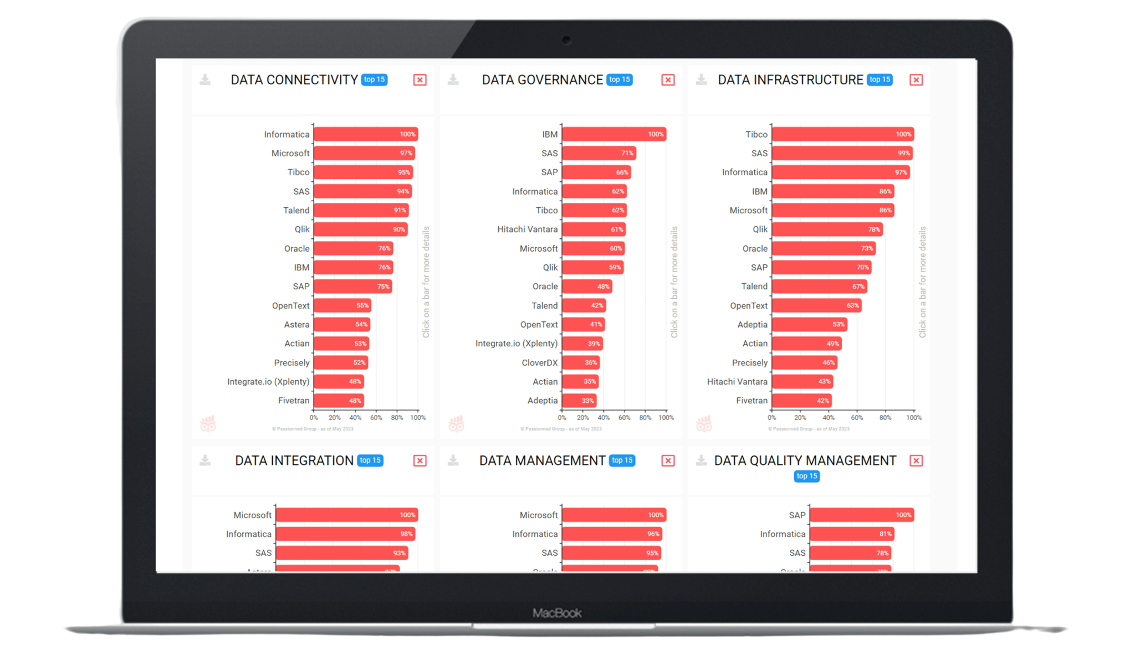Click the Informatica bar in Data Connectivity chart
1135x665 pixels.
pyautogui.click(x=366, y=134)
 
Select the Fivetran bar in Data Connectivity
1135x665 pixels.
pyautogui.click(x=339, y=401)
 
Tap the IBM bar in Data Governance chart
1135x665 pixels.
pyautogui.click(x=614, y=134)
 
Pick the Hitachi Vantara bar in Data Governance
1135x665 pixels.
pyautogui.click(x=594, y=229)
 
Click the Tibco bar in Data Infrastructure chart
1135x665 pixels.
pyautogui.click(x=842, y=134)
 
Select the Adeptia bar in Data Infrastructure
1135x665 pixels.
pyautogui.click(x=809, y=325)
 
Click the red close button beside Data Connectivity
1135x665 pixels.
pyautogui.click(x=420, y=80)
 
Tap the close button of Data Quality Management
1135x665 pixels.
pyautogui.click(x=916, y=461)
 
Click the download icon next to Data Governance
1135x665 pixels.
pyautogui.click(x=453, y=80)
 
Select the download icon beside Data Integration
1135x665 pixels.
pyautogui.click(x=205, y=461)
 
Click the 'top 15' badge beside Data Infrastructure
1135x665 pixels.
pyautogui.click(x=880, y=80)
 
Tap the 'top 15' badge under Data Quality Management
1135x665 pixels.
pyautogui.click(x=806, y=476)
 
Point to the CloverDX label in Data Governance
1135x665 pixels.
pyautogui.click(x=539, y=363)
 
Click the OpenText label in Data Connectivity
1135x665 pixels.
pyautogui.click(x=290, y=306)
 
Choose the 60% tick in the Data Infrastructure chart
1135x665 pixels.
pyautogui.click(x=857, y=418)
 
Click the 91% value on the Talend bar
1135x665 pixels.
pyautogui.click(x=400, y=211)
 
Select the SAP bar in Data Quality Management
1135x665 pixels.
pyautogui.click(x=861, y=515)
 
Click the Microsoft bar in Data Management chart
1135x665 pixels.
pyautogui.click(x=614, y=515)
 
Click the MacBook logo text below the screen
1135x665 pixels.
pyautogui.click(x=557, y=613)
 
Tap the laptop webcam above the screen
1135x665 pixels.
pyautogui.click(x=566, y=40)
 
